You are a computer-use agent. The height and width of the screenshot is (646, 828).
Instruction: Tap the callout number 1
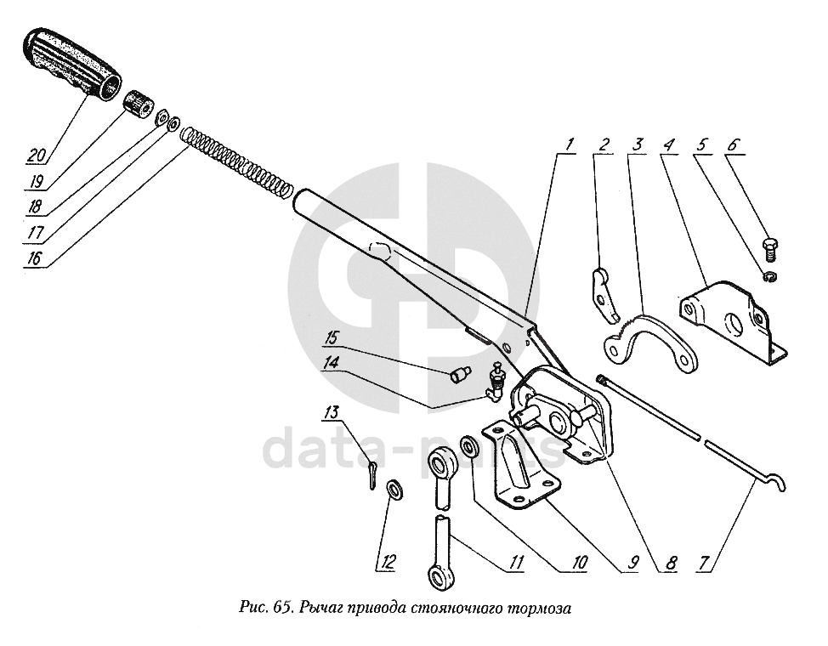point(567,144)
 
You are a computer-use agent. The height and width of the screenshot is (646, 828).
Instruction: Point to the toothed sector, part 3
point(651,340)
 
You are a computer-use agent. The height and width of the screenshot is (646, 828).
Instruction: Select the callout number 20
point(35,156)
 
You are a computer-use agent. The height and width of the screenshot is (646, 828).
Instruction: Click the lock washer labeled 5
point(769,278)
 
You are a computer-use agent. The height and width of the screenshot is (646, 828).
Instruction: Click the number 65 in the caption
point(280,609)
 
